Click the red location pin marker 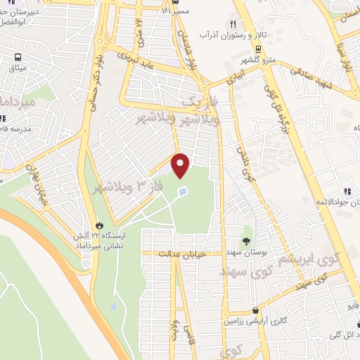[181, 165]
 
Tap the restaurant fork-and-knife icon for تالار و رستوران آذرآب [233, 23]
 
